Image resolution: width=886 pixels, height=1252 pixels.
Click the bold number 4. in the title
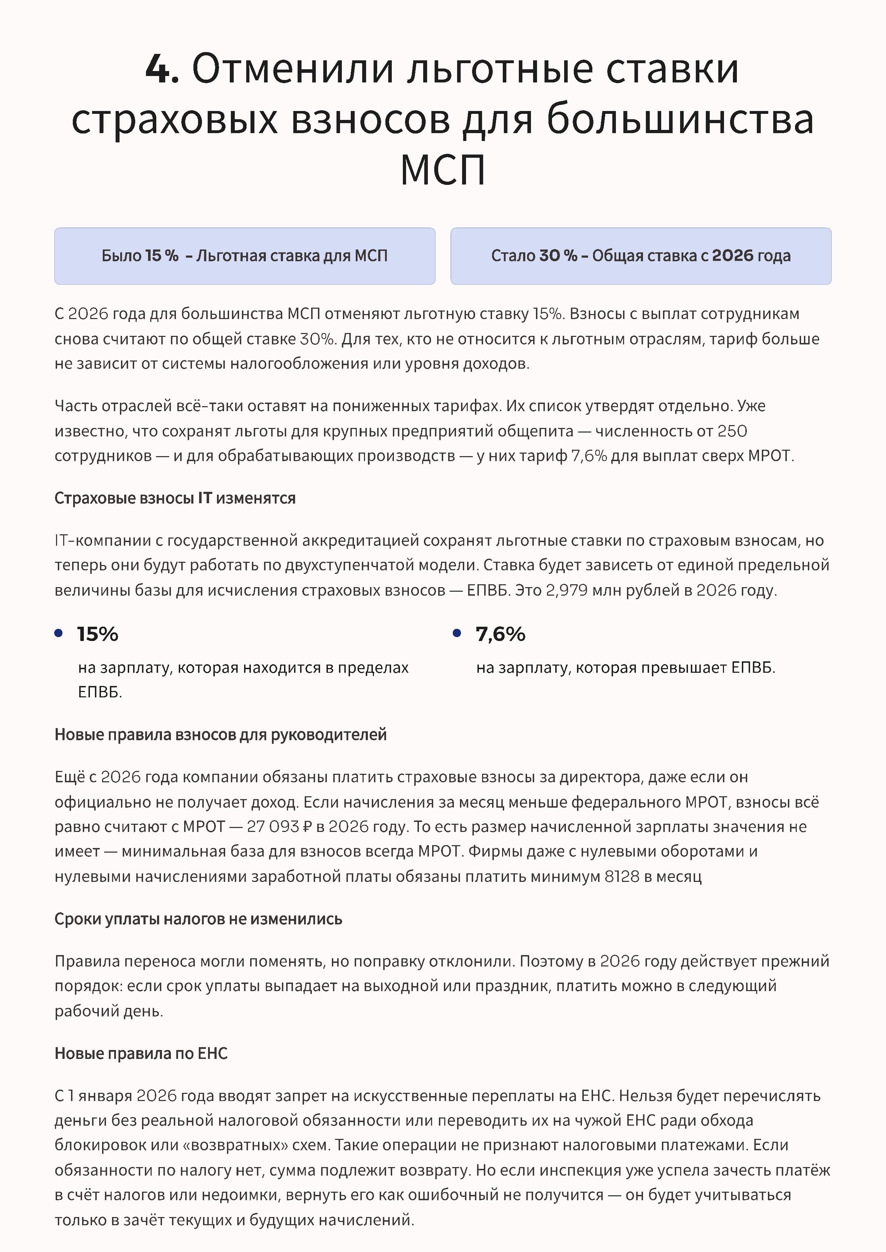point(162,69)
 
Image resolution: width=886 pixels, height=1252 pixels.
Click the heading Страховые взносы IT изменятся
point(174,498)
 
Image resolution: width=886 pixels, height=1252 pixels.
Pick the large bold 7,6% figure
point(500,634)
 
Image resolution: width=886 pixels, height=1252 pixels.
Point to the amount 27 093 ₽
point(279,827)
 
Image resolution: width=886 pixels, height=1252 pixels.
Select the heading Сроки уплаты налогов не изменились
point(198,919)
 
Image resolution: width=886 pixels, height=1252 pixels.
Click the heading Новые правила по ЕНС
point(141,1053)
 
